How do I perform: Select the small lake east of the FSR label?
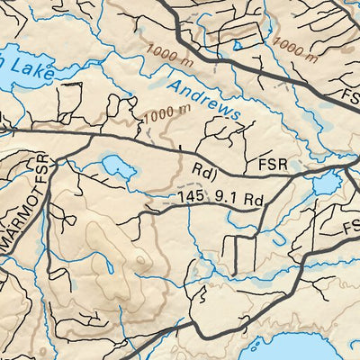[322, 184]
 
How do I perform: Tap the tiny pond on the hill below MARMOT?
[109, 267]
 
